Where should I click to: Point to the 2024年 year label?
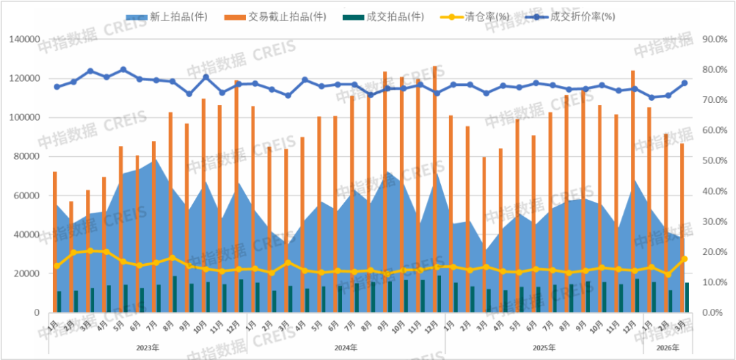(x=346, y=348)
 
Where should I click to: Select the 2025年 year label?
(x=544, y=348)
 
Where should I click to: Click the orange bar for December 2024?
(x=435, y=191)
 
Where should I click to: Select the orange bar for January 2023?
(x=55, y=242)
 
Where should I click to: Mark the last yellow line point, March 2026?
(x=685, y=259)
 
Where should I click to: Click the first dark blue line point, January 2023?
(x=57, y=87)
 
